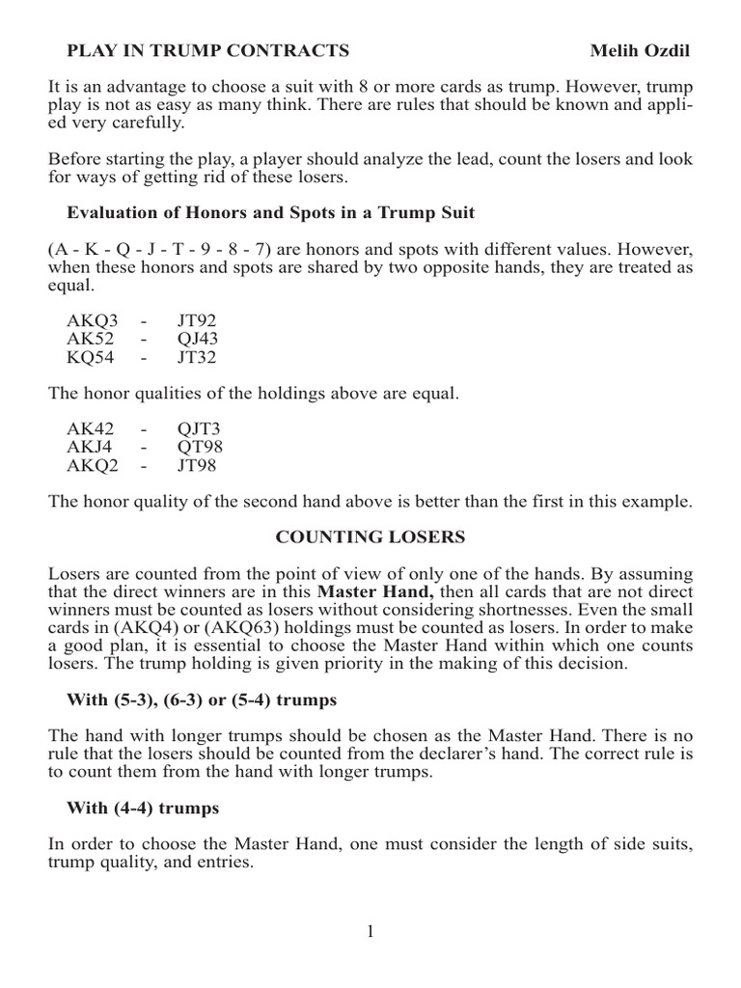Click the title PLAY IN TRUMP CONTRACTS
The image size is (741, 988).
[206, 50]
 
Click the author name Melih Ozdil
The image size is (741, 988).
[640, 50]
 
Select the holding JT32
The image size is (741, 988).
[196, 358]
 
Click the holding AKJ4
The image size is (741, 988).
[88, 449]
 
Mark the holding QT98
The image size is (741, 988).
[198, 449]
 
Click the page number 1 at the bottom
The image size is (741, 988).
[371, 931]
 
